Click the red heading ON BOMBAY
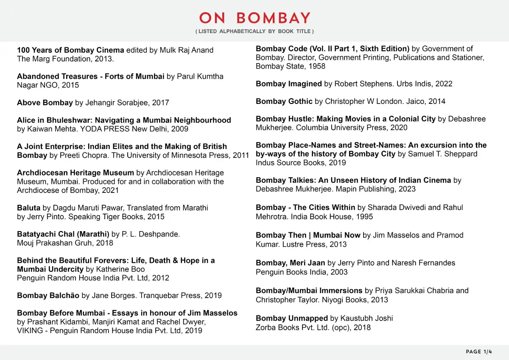(255, 18)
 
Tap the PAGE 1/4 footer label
(479, 352)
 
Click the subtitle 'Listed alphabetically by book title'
(255, 31)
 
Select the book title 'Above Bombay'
(45, 103)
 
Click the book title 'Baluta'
(28, 208)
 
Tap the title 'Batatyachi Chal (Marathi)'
(63, 234)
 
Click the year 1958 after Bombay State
(317, 66)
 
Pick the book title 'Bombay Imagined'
(288, 84)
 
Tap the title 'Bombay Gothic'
(284, 101)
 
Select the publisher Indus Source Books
(286, 163)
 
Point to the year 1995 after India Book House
(365, 217)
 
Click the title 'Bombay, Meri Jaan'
(290, 263)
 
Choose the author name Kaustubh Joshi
(367, 318)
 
